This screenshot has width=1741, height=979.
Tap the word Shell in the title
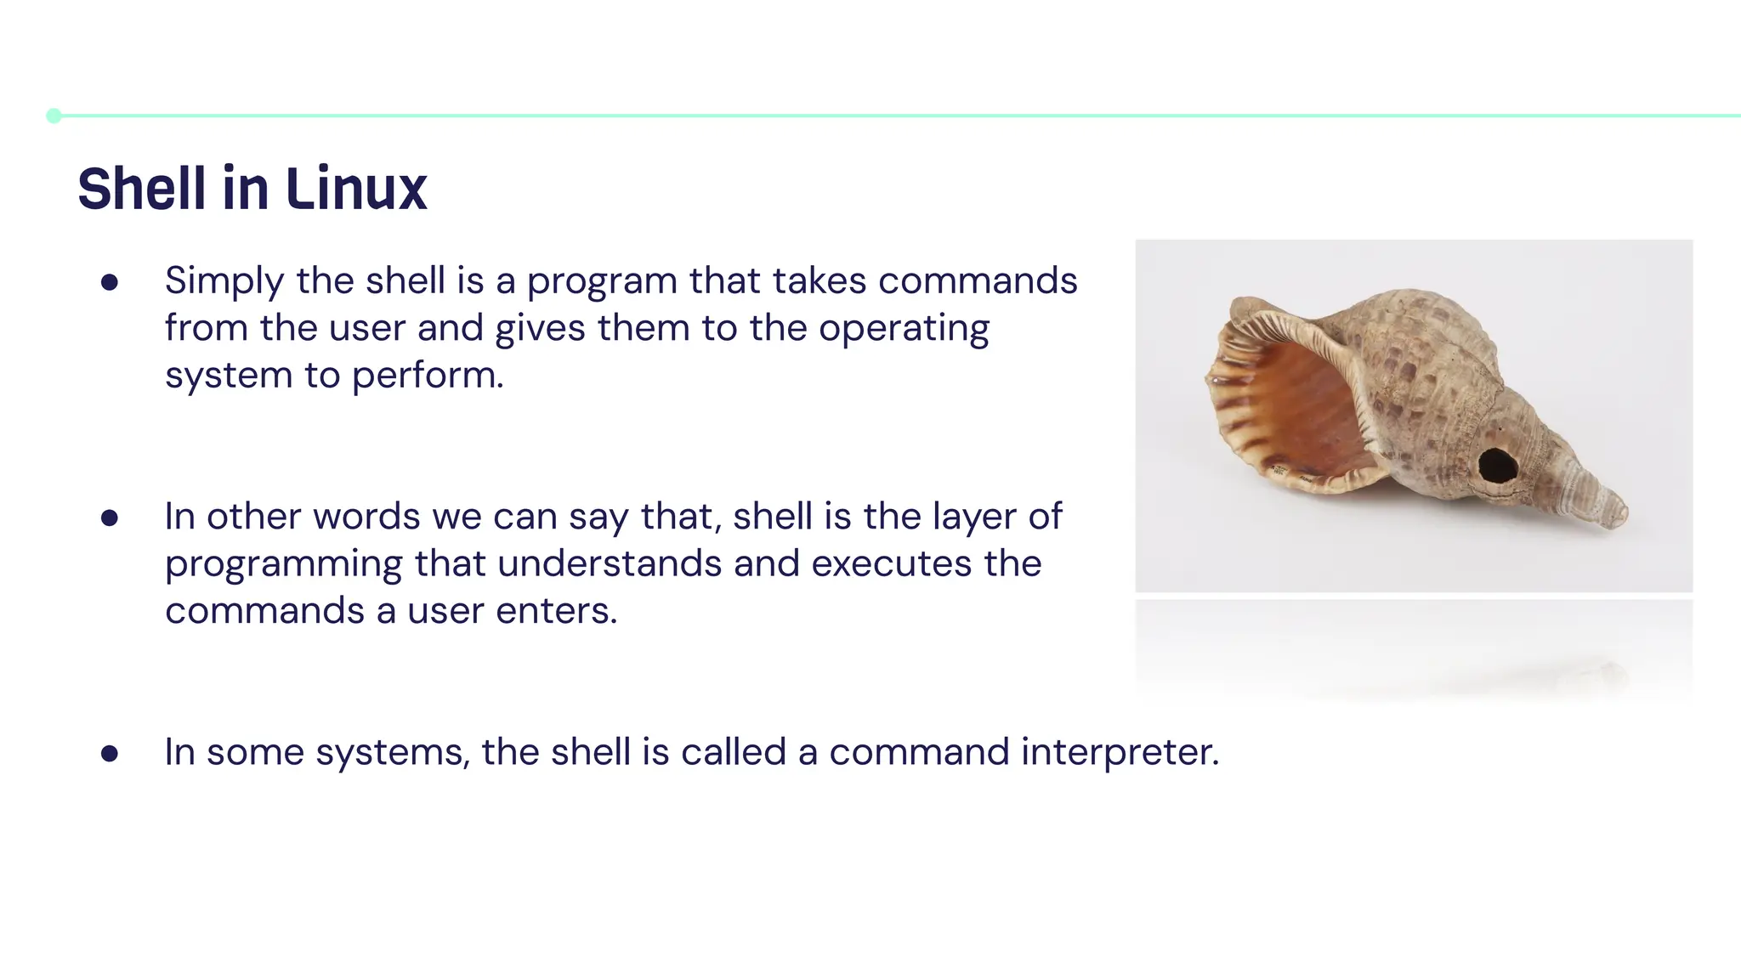(x=142, y=189)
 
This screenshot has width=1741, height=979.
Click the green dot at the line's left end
(x=54, y=116)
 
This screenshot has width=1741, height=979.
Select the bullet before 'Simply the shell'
(x=109, y=282)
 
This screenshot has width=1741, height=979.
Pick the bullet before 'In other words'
(x=109, y=518)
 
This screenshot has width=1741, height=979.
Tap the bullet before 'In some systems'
(x=109, y=753)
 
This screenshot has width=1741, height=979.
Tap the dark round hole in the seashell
(x=1497, y=465)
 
